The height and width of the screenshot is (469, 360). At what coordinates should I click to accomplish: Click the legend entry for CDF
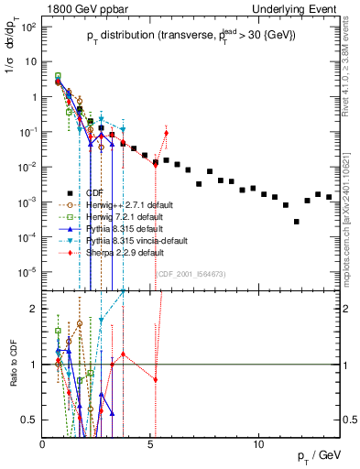92,193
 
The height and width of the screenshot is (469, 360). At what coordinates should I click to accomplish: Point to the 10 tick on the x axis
258,443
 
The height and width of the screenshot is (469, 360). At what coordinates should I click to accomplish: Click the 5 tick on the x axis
151,443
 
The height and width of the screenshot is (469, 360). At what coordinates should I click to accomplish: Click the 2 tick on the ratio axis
35,309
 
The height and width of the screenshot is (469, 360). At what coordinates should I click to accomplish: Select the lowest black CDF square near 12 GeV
297,222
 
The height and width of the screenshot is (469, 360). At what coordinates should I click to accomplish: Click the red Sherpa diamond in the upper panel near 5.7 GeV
166,134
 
